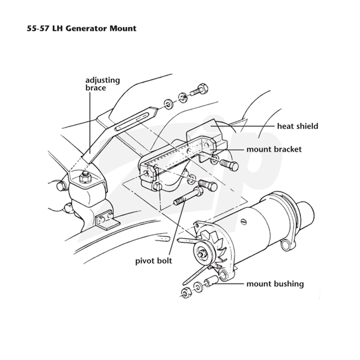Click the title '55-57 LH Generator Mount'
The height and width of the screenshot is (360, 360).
pos(81,28)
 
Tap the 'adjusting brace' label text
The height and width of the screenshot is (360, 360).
pos(103,84)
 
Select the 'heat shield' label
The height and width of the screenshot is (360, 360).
pos(297,126)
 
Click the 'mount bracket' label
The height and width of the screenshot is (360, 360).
pos(274,149)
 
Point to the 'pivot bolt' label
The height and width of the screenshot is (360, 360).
pos(153,261)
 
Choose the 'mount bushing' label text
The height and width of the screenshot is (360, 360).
pos(275,284)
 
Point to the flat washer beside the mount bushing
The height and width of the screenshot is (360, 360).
pos(198,287)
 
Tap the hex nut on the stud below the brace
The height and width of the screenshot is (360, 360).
pos(84,178)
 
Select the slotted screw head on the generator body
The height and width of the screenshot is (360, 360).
pos(243,221)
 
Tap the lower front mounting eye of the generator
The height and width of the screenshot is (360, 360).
pos(223,274)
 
